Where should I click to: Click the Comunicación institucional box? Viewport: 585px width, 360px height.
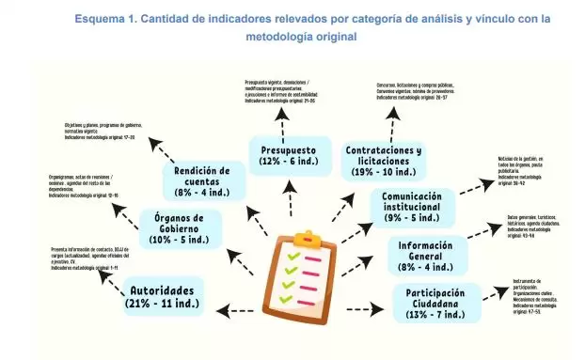coord(413,206)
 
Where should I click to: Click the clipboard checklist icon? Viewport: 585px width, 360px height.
coord(308,273)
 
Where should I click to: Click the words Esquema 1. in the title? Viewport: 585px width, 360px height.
coord(102,19)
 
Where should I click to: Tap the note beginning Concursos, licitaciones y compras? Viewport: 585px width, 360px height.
coord(414,90)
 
